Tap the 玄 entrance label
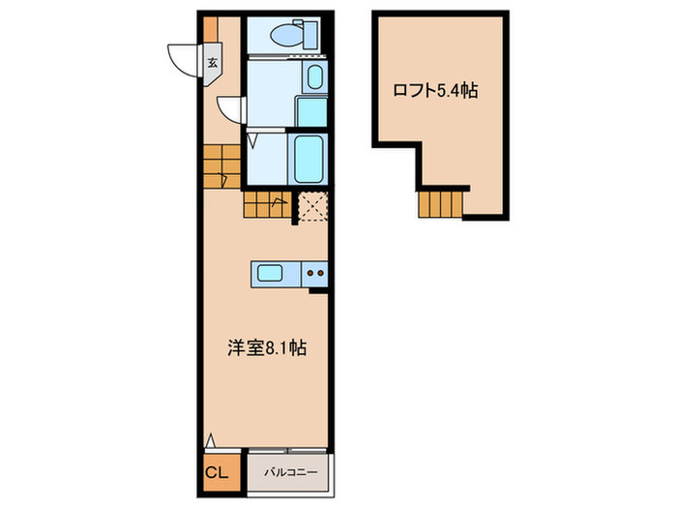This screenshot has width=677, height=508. (210, 64)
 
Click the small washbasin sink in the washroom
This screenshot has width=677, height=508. (316, 76)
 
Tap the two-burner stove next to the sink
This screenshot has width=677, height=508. (315, 274)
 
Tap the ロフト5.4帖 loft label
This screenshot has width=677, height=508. (434, 92)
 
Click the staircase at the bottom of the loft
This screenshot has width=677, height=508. (441, 203)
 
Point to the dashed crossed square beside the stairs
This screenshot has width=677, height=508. (312, 207)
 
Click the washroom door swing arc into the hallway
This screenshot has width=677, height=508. (230, 107)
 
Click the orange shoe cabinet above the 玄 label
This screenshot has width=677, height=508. (210, 30)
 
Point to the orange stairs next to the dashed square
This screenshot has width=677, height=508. (267, 204)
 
